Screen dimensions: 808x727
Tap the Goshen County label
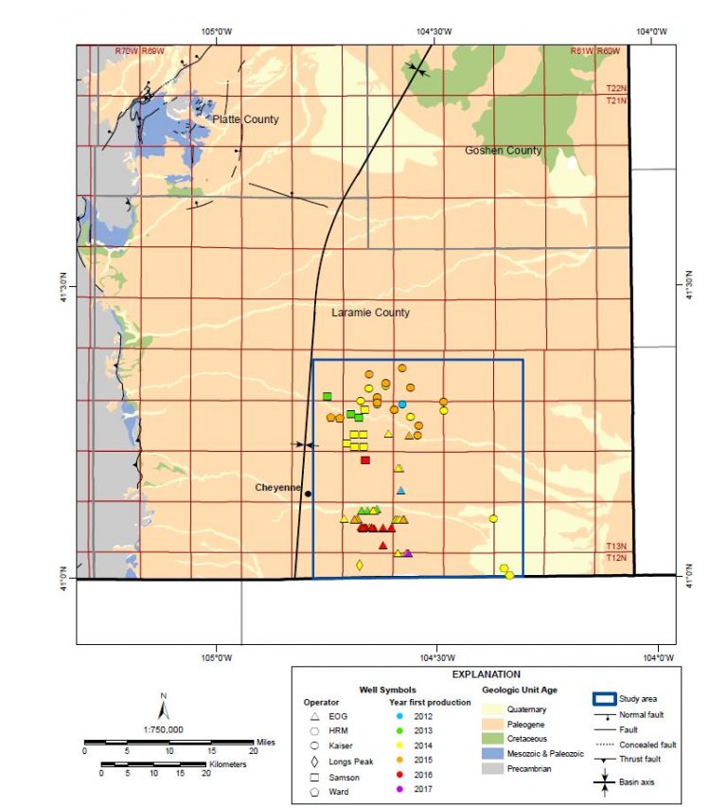tap(503, 151)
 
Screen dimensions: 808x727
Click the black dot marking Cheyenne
tap(308, 494)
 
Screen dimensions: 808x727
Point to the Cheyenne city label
tap(277, 488)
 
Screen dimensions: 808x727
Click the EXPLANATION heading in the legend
tap(486, 674)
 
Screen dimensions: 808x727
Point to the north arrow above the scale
tap(164, 707)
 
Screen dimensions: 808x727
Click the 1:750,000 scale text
tap(164, 729)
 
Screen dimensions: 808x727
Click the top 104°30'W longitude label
tap(434, 31)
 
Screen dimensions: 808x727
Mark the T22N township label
tap(616, 89)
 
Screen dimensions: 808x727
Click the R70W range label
tap(125, 51)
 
